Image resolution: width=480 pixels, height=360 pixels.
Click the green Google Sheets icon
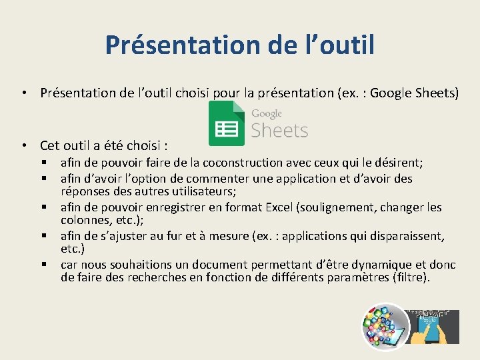[227, 125]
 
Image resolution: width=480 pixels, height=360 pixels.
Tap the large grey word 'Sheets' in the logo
[279, 130]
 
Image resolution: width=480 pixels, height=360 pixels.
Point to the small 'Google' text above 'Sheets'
[267, 113]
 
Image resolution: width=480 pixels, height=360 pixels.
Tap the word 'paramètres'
[359, 277]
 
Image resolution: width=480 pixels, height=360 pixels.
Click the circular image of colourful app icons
[385, 326]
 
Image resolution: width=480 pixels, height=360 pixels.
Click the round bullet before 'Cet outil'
[23, 145]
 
